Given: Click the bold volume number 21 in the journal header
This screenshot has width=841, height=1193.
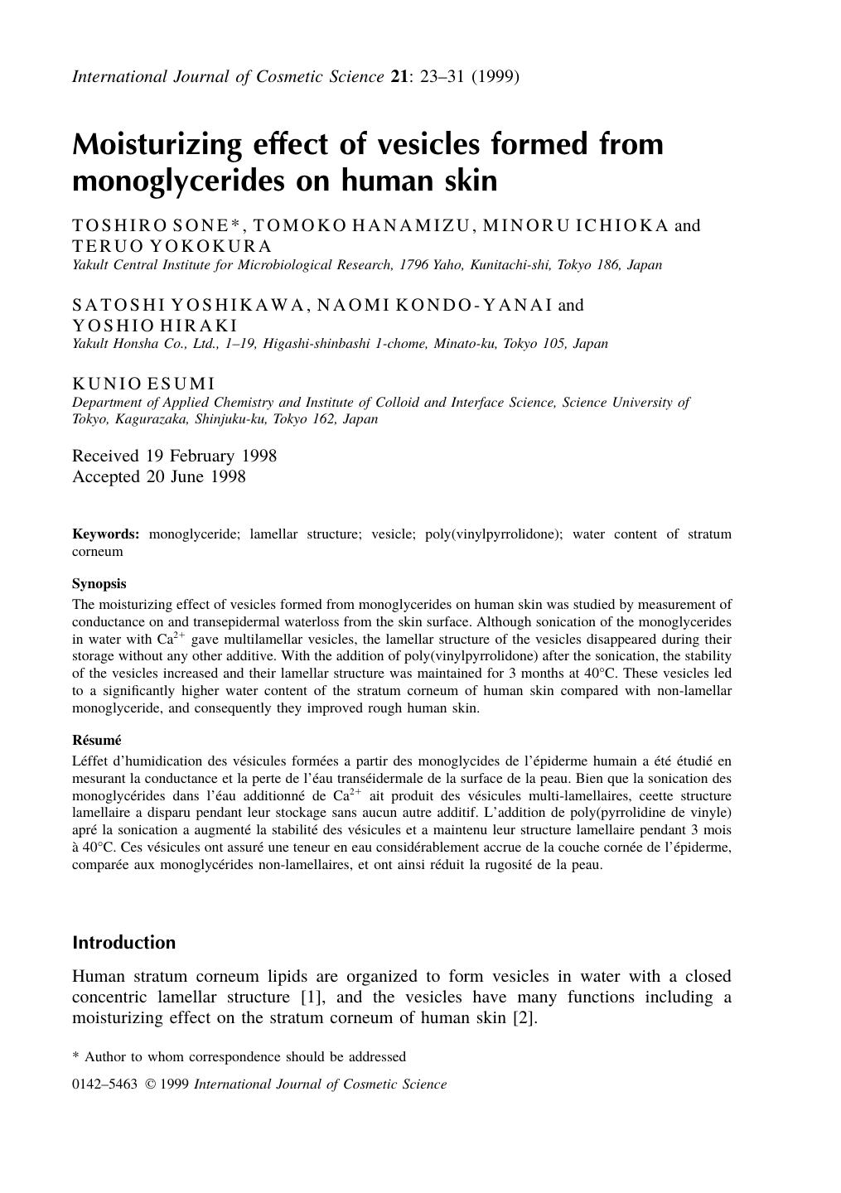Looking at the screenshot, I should [399, 77].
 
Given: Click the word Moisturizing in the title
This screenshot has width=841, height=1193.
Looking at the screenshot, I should [157, 144].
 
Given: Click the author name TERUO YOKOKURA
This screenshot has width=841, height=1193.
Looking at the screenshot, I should [172, 246].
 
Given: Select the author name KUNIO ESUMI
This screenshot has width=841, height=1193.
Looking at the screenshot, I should [143, 384].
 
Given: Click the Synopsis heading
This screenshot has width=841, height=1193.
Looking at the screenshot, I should [99, 583].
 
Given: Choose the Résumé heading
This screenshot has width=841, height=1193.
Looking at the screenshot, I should [96, 740].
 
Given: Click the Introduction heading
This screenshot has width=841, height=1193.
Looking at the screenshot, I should [123, 943].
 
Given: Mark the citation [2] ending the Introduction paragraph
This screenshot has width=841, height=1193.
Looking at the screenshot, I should [525, 1017].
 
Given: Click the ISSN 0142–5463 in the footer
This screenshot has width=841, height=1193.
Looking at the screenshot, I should [104, 1084].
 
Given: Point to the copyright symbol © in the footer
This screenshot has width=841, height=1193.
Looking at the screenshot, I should [150, 1084].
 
